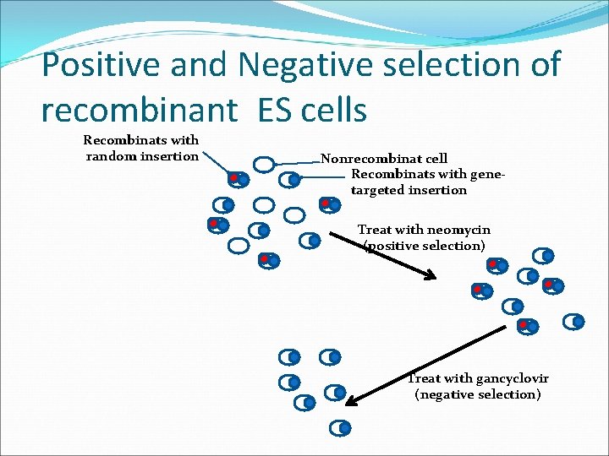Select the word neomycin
(x=458, y=230)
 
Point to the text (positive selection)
(x=425, y=246)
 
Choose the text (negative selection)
(x=478, y=394)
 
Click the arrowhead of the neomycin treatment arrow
(x=431, y=276)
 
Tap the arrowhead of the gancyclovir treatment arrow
(x=352, y=403)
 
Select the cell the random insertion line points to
(x=239, y=179)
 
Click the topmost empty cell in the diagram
(x=264, y=164)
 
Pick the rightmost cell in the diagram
(x=575, y=321)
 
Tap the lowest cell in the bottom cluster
(x=341, y=428)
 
